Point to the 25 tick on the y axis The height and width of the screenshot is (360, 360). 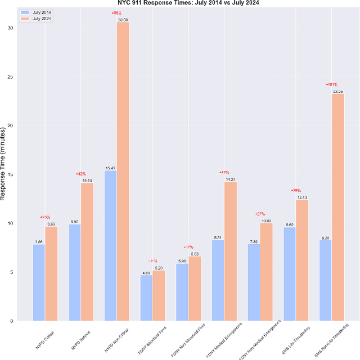tap(11, 77)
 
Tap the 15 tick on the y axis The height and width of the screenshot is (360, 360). tap(11, 174)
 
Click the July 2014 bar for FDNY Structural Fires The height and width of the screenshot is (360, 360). tap(146, 298)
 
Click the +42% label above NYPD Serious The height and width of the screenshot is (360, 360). tap(81, 174)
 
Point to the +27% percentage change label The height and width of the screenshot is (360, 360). tap(260, 214)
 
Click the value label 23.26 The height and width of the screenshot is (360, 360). tap(337, 91)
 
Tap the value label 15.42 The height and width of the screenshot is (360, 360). tap(110, 168)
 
